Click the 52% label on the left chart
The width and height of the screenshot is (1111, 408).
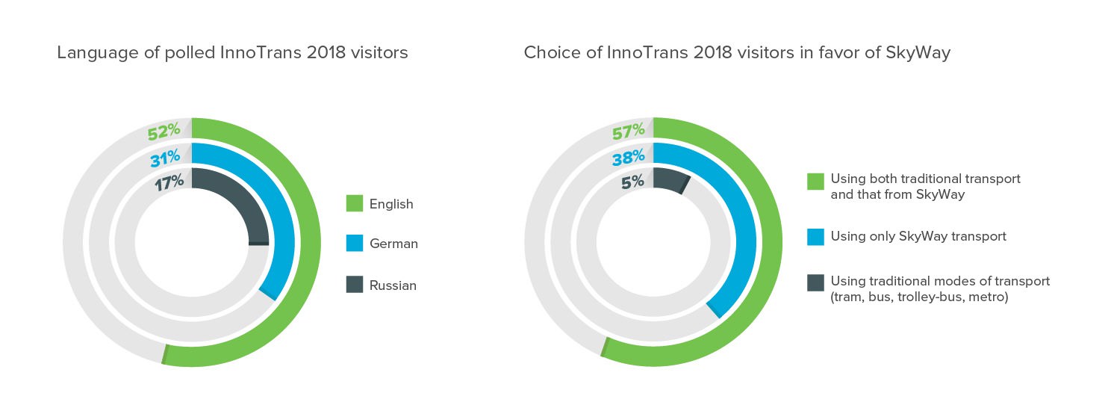(x=164, y=132)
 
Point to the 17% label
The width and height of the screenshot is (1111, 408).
(x=169, y=183)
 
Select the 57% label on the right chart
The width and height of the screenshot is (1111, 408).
(x=628, y=132)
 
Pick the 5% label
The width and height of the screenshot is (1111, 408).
(x=634, y=182)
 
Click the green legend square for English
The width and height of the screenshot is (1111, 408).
(x=355, y=203)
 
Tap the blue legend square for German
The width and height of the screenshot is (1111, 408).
(x=355, y=244)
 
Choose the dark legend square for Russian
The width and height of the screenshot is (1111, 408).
(x=355, y=285)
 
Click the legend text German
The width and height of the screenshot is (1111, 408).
(x=393, y=244)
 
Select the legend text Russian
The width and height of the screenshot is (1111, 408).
(x=393, y=285)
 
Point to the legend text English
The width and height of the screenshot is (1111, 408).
(x=391, y=204)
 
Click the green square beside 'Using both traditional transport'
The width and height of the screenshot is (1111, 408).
(x=815, y=181)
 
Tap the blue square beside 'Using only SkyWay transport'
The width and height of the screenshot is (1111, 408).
(x=815, y=237)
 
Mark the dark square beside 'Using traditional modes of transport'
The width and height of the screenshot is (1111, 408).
(x=815, y=282)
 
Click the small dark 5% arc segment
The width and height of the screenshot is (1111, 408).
(x=670, y=181)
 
